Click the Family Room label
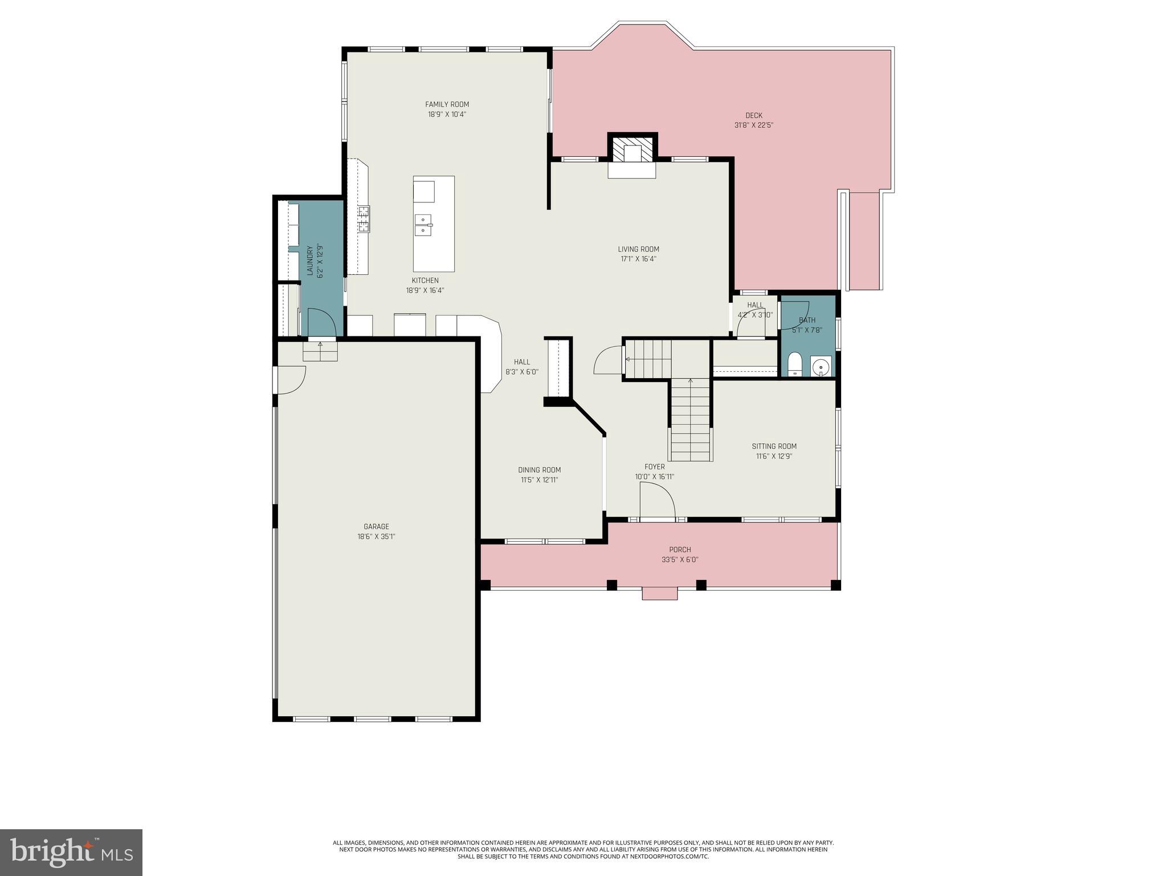tap(447, 104)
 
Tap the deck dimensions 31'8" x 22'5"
tap(753, 125)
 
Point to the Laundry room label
tap(310, 261)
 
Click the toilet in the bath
tap(794, 365)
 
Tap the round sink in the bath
tap(821, 366)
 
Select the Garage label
tap(376, 526)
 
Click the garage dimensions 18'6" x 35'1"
tap(376, 537)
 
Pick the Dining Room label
tap(539, 470)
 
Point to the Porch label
tap(680, 550)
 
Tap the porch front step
tap(660, 594)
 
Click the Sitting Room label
tap(774, 447)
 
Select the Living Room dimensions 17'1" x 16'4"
tap(638, 259)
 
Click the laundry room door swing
tap(321, 322)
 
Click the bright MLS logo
tap(71, 852)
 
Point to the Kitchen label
tap(425, 280)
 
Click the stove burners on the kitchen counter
tap(364, 219)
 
